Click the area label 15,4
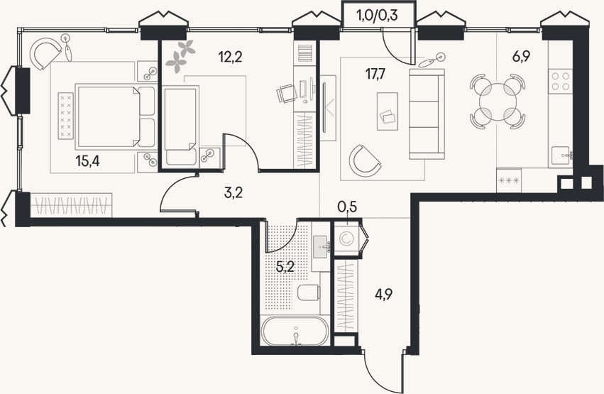click(87, 161)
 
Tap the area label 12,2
click(230, 58)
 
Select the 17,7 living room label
click(375, 73)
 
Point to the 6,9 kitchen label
click(521, 57)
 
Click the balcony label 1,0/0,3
click(378, 16)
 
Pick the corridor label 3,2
click(233, 192)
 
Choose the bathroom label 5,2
click(285, 266)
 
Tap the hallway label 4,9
click(384, 296)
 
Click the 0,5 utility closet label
click(347, 207)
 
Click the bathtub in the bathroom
click(295, 331)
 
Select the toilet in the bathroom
click(309, 292)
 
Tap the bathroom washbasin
click(322, 246)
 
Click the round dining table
click(498, 102)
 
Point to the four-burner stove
click(561, 81)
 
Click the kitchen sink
click(562, 155)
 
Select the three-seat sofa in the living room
click(427, 114)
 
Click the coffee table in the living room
click(387, 111)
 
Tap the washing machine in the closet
click(346, 239)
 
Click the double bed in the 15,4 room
click(115, 116)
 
